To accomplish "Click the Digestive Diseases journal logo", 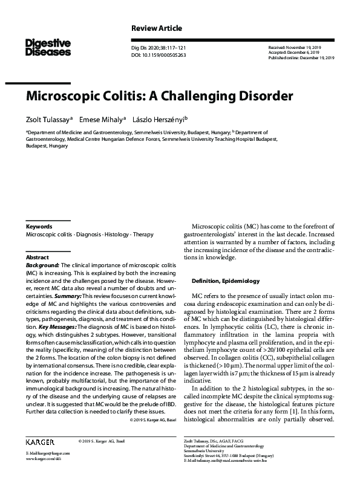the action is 48,48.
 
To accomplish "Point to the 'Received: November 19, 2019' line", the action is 299,47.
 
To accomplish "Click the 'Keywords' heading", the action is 39,227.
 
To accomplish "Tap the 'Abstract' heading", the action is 37,257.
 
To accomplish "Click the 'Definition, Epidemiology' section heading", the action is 226,281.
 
